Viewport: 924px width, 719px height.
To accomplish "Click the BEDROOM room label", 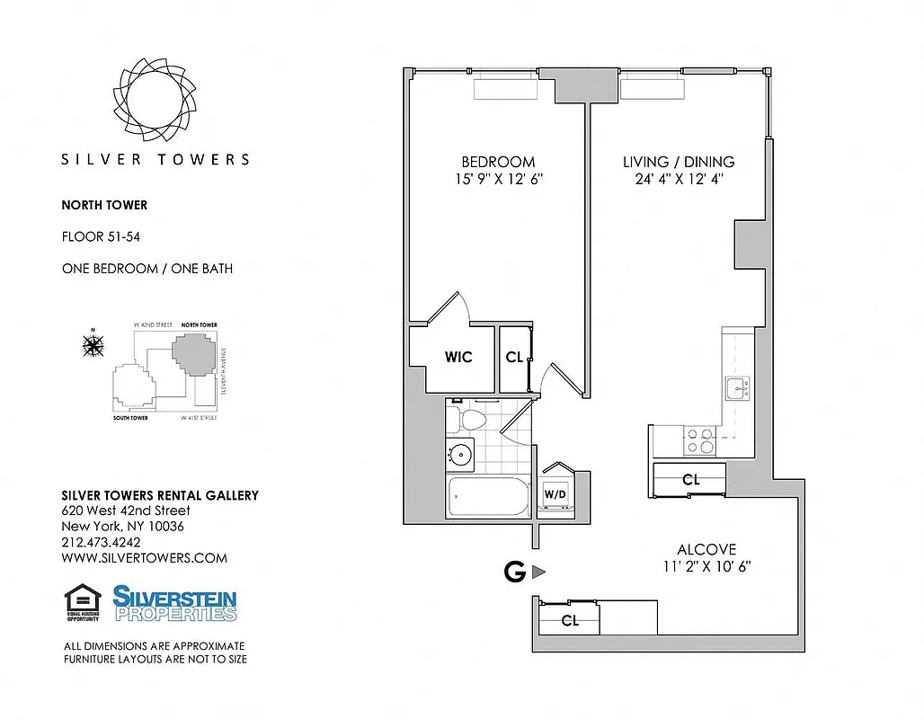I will (x=498, y=162).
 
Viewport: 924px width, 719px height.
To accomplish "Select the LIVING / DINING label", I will (x=679, y=162).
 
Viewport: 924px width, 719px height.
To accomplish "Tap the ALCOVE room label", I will (x=706, y=549).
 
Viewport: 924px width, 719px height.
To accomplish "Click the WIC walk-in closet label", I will (x=458, y=357).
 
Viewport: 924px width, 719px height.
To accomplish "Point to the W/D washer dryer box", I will (x=554, y=493).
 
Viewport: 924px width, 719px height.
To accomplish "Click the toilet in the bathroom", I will (x=469, y=419).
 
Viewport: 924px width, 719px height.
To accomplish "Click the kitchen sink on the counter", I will (x=735, y=389).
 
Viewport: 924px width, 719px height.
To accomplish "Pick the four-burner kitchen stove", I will (x=700, y=440).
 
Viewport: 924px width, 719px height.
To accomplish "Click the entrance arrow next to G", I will (x=538, y=572).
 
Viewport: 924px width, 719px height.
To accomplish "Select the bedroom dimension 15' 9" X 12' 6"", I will (x=498, y=179).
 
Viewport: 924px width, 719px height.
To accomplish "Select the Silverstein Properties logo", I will (x=174, y=603).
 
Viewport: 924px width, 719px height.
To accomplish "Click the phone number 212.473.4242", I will (x=101, y=542).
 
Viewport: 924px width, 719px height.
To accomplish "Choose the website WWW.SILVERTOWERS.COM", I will (x=144, y=558).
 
